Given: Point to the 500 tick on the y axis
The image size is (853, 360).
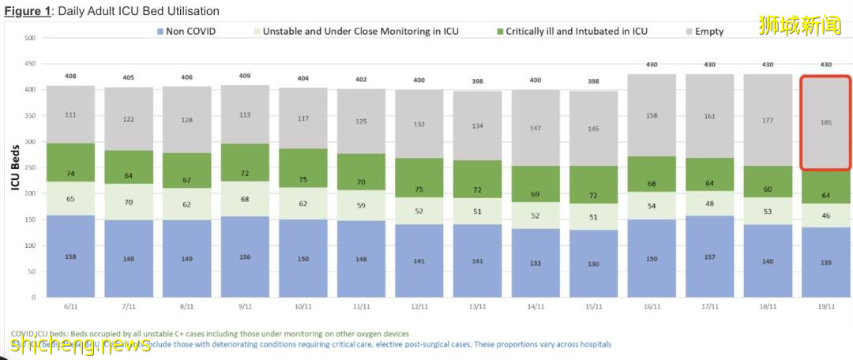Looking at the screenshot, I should pyautogui.click(x=30, y=38).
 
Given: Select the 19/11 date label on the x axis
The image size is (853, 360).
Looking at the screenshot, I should pyautogui.click(x=826, y=306).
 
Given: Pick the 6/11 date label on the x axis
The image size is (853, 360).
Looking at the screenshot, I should pyautogui.click(x=70, y=306).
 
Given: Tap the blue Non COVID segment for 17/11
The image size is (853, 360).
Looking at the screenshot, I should pyautogui.click(x=709, y=257).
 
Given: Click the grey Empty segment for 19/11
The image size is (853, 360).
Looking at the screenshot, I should pyautogui.click(x=826, y=123).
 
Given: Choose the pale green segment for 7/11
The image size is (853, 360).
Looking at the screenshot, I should pyautogui.click(x=129, y=202).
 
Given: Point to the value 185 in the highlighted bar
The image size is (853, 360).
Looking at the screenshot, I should pyautogui.click(x=826, y=122).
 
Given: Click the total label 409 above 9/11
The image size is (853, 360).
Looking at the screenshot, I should pyautogui.click(x=245, y=77).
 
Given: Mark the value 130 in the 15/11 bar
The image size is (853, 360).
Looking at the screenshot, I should pyautogui.click(x=593, y=264).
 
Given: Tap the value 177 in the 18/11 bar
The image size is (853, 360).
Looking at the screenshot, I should pyautogui.click(x=768, y=121).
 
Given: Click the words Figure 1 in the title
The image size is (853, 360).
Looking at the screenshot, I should pyautogui.click(x=28, y=11).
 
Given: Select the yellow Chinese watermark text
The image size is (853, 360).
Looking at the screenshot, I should pyautogui.click(x=799, y=27).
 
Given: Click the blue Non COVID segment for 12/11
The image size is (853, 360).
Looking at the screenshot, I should pyautogui.click(x=419, y=261).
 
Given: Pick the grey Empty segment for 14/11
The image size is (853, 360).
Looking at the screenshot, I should pyautogui.click(x=535, y=128).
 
